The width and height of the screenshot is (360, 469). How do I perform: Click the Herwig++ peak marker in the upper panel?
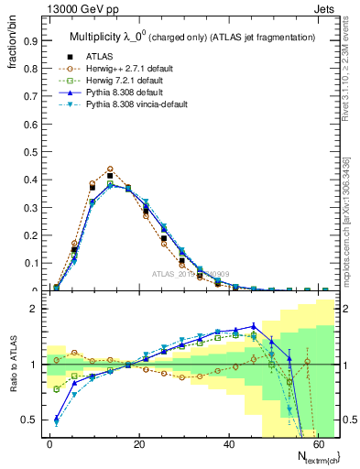tap(110, 169)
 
